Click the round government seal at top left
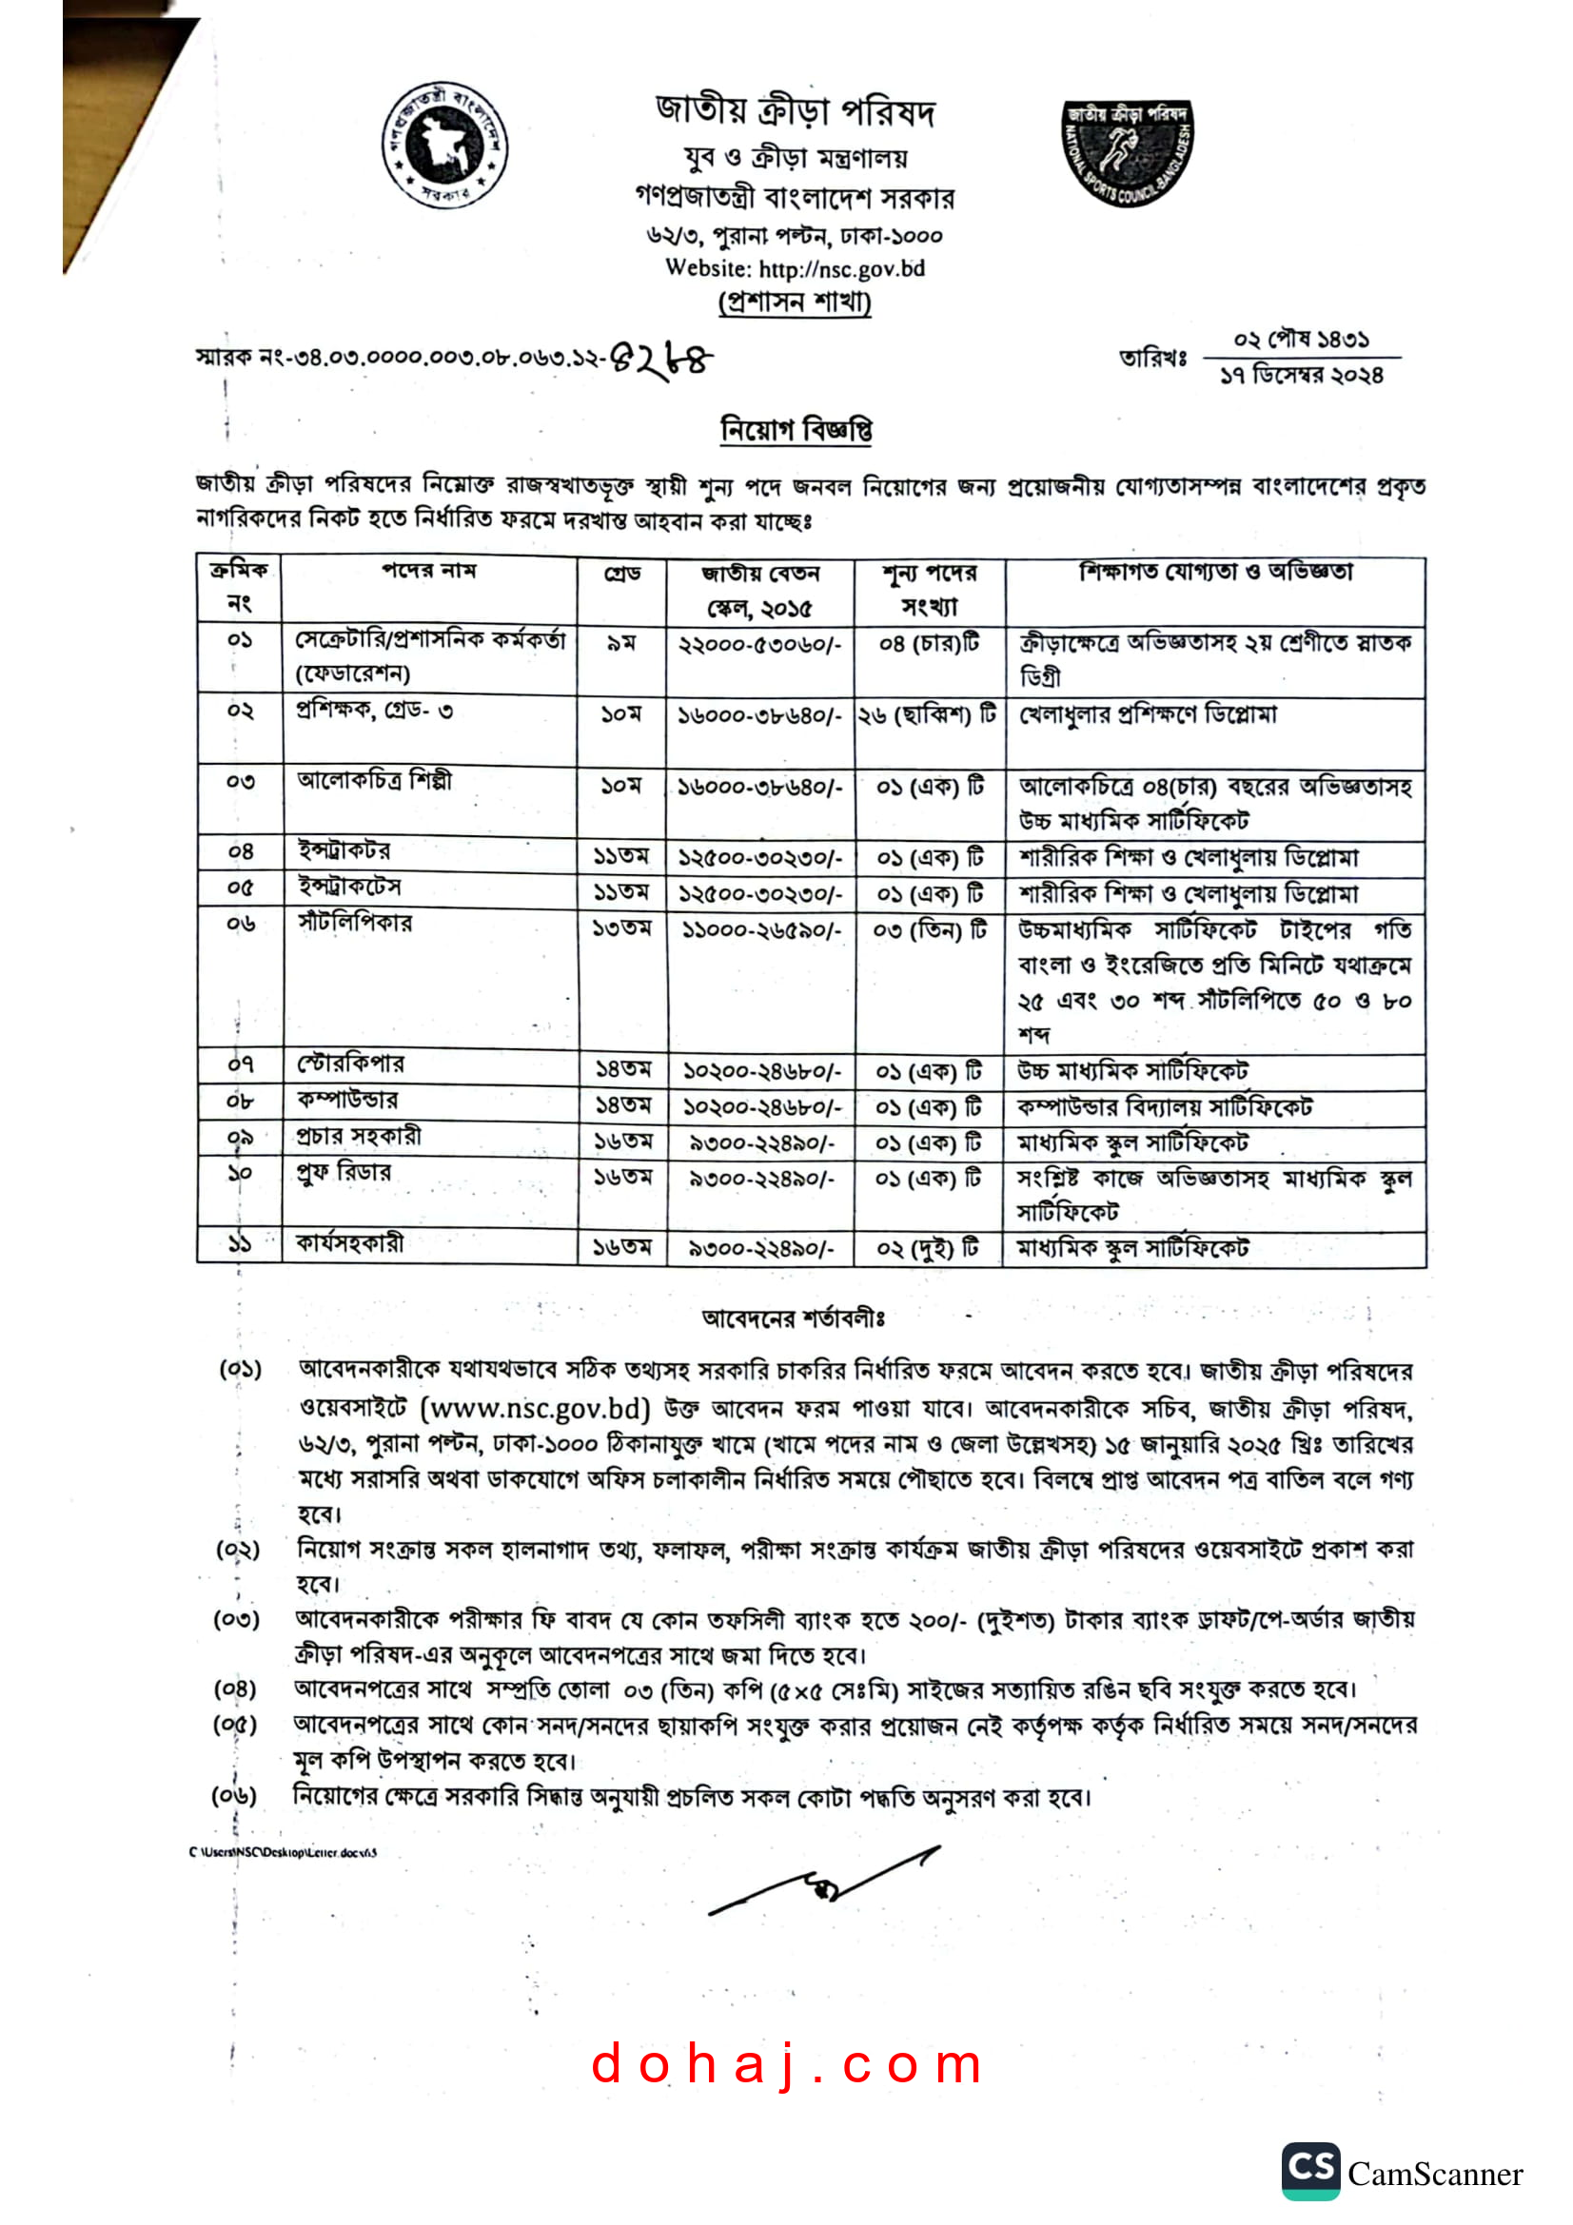(x=443, y=146)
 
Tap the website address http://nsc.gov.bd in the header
(x=841, y=268)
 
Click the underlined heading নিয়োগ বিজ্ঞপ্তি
(x=795, y=428)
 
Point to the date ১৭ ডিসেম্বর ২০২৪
(x=1301, y=375)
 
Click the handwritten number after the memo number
(x=661, y=361)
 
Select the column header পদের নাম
(x=428, y=571)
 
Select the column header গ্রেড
(x=622, y=574)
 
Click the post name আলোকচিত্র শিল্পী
(x=374, y=780)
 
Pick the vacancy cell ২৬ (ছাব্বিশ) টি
(x=928, y=715)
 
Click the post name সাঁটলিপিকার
(x=355, y=923)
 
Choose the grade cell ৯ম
(x=621, y=642)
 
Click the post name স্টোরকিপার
(x=351, y=1064)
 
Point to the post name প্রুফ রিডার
(x=344, y=1173)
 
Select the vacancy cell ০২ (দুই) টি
(x=928, y=1248)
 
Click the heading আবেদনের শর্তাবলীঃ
(x=793, y=1317)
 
